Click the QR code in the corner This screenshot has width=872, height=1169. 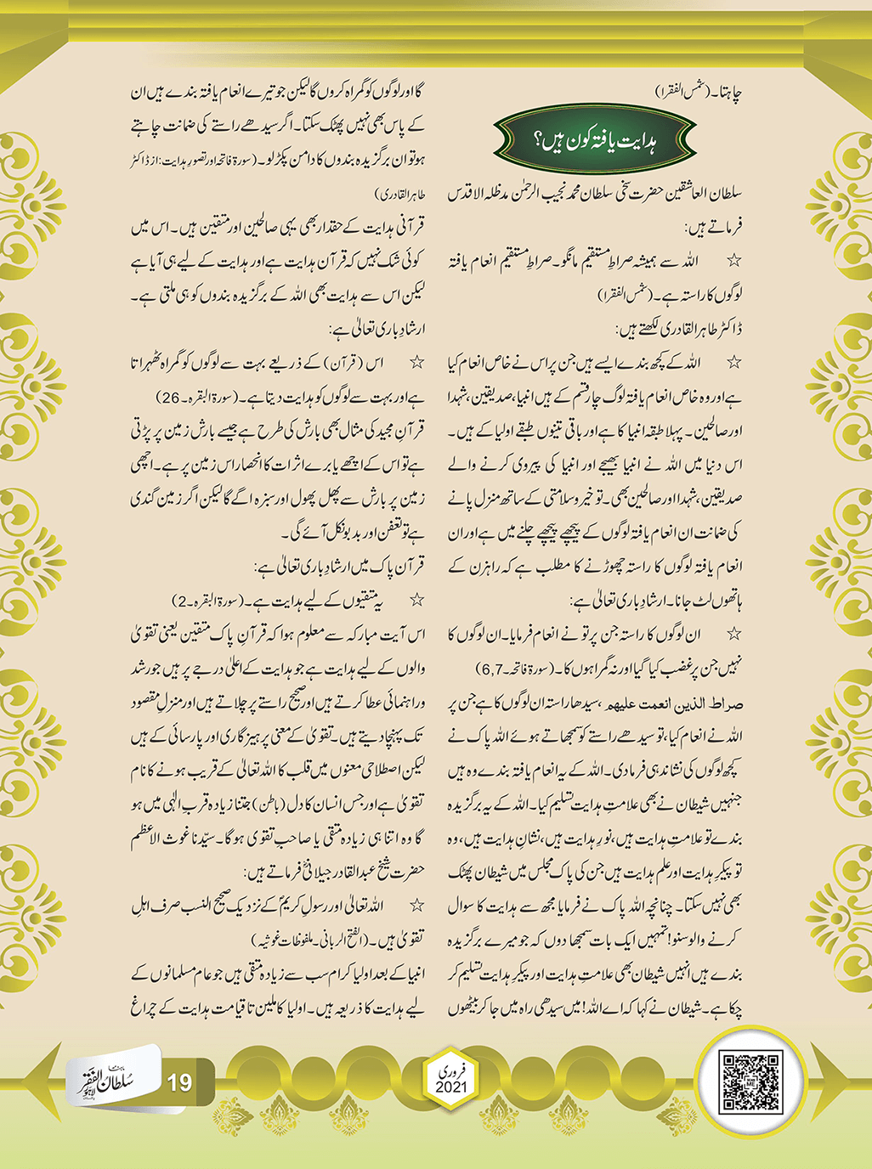tap(750, 1082)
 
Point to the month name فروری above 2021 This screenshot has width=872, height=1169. tap(451, 1071)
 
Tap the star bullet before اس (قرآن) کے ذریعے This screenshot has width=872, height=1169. tap(416, 364)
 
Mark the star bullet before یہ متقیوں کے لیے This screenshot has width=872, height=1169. tap(416, 601)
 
